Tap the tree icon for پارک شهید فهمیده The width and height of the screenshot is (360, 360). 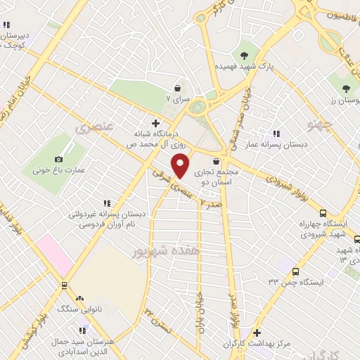click(x=244, y=55)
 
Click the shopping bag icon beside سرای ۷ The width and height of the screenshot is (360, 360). click(x=178, y=89)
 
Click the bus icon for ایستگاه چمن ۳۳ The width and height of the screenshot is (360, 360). click(x=295, y=271)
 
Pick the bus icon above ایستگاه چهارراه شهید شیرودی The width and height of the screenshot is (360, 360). click(x=323, y=213)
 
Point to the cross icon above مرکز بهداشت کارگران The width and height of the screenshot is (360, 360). click(x=257, y=333)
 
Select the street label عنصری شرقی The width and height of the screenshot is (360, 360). click(x=167, y=178)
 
